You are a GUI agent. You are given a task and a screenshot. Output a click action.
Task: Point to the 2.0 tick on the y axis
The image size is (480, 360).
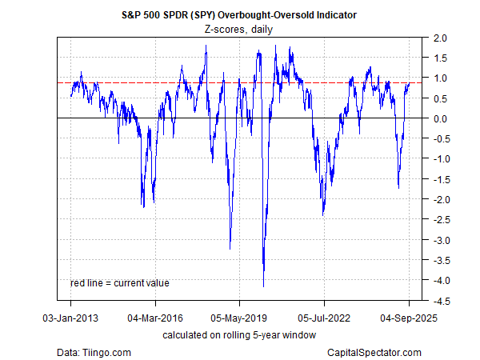pyautogui.click(x=439, y=38)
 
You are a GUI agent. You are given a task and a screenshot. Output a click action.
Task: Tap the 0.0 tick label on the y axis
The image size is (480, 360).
pyautogui.click(x=439, y=118)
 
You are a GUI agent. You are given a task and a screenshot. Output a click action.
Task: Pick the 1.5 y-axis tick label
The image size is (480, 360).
pyautogui.click(x=439, y=58)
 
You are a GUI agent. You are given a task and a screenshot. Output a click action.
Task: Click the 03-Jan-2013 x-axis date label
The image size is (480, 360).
pyautogui.click(x=70, y=317)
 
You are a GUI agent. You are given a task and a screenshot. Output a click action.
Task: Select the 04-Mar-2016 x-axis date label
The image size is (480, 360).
pyautogui.click(x=155, y=317)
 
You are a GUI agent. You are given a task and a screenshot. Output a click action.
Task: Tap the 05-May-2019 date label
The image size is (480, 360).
pyautogui.click(x=240, y=317)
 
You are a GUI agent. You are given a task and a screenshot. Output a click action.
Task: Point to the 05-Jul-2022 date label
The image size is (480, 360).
pyautogui.click(x=325, y=317)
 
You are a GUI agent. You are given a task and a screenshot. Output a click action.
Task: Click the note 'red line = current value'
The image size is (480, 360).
pyautogui.click(x=120, y=282)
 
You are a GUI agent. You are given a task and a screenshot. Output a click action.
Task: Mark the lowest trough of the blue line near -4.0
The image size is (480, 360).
pyautogui.click(x=264, y=286)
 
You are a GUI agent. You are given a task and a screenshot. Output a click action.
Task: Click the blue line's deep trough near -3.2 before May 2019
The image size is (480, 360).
pyautogui.click(x=230, y=249)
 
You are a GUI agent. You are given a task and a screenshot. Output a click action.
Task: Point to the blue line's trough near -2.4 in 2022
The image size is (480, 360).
pyautogui.click(x=323, y=214)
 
